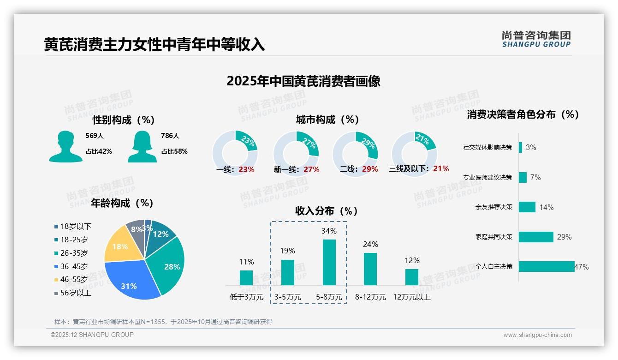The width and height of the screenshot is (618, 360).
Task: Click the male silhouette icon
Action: point(65,146)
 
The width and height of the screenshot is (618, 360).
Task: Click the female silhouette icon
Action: point(142,146)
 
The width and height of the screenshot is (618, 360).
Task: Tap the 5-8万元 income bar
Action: point(329,262)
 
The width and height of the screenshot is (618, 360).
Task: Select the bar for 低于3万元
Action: point(246,278)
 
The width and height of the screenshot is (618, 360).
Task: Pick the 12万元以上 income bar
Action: point(412,277)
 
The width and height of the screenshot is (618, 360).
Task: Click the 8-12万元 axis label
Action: point(370,297)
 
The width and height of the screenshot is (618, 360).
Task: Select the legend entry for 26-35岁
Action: point(71,253)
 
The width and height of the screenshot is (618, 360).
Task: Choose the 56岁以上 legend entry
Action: point(73,293)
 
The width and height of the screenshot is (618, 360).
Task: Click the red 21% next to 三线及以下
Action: point(441,168)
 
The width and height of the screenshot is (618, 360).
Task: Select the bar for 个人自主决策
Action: point(547,266)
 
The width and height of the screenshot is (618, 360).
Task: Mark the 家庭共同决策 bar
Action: point(536,237)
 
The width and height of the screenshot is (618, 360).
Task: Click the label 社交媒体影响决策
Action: point(487,148)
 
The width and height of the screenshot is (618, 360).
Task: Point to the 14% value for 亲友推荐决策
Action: point(547,207)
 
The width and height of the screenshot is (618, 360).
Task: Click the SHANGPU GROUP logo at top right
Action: point(536,39)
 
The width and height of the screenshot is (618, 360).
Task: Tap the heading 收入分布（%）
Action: point(327,211)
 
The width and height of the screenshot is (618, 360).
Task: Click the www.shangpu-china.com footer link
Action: point(537,335)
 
